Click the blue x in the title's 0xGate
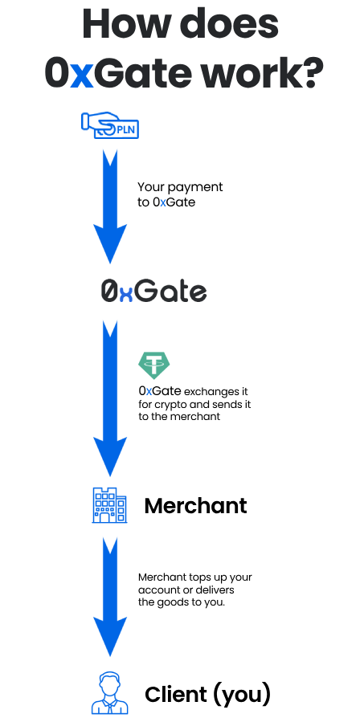tap(81, 76)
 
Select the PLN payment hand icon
tap(110, 125)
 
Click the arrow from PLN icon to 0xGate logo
tap(110, 206)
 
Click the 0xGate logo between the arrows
tap(154, 292)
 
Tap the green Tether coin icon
tap(154, 365)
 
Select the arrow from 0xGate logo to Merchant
tap(110, 398)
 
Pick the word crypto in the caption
tap(174, 406)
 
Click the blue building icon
tap(109, 505)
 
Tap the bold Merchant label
tap(195, 505)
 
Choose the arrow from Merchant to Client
tap(110, 597)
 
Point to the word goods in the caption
tap(173, 602)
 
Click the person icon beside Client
tap(110, 693)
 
